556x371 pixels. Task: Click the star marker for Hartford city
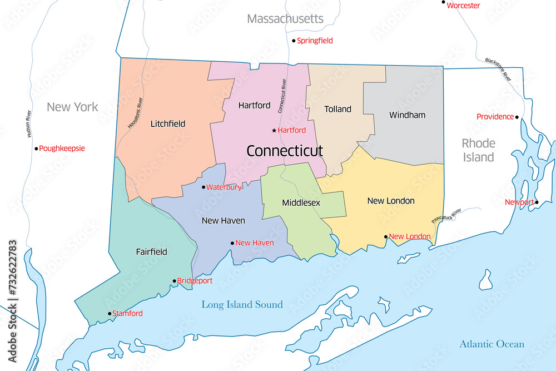tap(274, 130)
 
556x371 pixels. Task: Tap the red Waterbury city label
tap(224, 187)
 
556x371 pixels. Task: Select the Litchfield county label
tap(168, 123)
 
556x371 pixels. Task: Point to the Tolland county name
tap(337, 109)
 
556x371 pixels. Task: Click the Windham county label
tap(407, 115)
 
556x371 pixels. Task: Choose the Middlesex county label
tap(301, 202)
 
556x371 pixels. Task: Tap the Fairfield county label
tap(151, 251)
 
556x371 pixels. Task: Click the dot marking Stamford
tap(110, 314)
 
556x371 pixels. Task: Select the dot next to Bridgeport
tap(174, 281)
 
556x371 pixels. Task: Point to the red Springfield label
tap(315, 41)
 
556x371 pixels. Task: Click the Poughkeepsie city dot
tap(36, 149)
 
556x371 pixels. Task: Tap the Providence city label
tap(495, 117)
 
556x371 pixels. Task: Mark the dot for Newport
tap(537, 202)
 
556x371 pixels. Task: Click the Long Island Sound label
tap(242, 305)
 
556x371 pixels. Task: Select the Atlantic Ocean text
tap(492, 344)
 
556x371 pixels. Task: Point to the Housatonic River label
tap(135, 113)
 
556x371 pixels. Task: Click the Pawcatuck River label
tap(446, 214)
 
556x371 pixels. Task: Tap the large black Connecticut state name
tap(284, 151)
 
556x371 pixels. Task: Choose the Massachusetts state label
tap(285, 19)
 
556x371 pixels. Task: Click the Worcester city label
tap(463, 6)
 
